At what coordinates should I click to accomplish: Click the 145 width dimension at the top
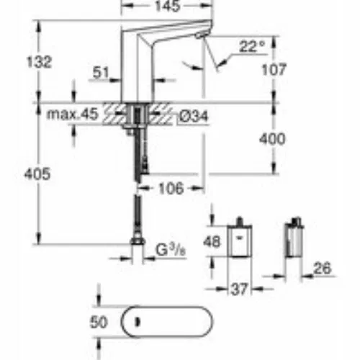(167, 6)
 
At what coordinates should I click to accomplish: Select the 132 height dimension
(39, 62)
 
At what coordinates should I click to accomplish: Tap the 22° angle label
(252, 46)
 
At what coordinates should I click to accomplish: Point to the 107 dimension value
(274, 70)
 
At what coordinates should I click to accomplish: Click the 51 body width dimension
(101, 72)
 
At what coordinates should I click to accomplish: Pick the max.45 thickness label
(73, 114)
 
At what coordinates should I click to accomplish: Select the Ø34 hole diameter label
(194, 117)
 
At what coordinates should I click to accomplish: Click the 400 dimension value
(272, 139)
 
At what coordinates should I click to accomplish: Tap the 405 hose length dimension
(37, 174)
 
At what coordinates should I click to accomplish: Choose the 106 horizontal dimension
(171, 188)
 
